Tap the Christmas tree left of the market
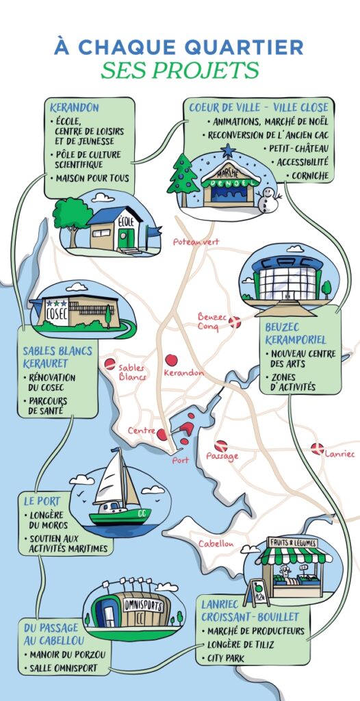183,175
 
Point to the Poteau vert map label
196,242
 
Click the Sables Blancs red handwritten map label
132,372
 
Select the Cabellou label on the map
216,544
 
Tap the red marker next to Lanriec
316,448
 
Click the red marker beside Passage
220,446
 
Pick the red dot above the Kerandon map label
171,360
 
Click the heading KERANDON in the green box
75,108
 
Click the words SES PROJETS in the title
180,70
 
